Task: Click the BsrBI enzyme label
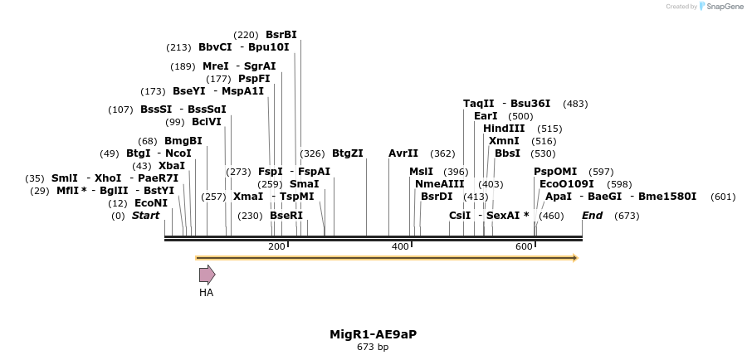(281, 35)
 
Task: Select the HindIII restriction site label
(504, 129)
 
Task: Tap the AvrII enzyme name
(403, 153)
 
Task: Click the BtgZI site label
(348, 153)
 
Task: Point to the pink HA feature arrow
(207, 275)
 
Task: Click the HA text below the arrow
(207, 293)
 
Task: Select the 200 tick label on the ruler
(276, 246)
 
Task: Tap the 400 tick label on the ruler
(401, 246)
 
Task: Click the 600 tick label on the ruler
(524, 246)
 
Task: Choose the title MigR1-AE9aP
(373, 334)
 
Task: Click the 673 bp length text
(373, 348)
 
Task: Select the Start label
(145, 216)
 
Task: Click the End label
(592, 216)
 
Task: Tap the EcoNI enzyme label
(151, 203)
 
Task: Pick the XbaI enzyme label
(172, 166)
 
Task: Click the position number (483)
(575, 104)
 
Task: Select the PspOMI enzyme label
(555, 172)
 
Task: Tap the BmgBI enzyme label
(183, 141)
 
